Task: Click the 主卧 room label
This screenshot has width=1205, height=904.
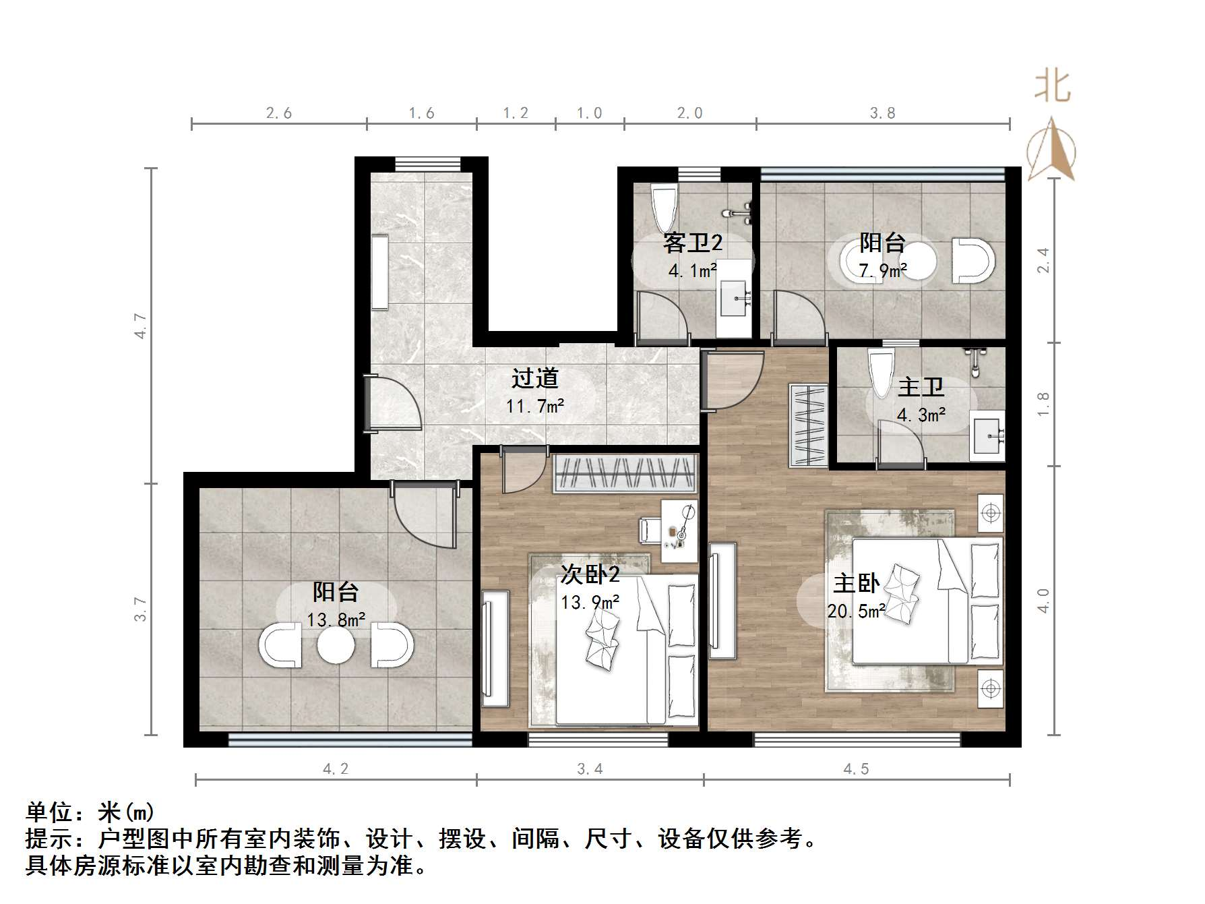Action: [x=856, y=582]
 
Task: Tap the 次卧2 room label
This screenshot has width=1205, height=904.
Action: [x=590, y=574]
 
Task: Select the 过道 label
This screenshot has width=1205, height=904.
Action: [x=534, y=378]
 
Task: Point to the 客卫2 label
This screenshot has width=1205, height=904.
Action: [x=692, y=242]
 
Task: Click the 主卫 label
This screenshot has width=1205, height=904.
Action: [x=921, y=387]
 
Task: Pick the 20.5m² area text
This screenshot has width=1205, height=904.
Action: [x=856, y=611]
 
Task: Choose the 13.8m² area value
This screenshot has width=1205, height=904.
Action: [x=336, y=619]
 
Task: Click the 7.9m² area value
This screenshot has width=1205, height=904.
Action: [x=882, y=271]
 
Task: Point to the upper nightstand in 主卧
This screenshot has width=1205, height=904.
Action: [x=990, y=513]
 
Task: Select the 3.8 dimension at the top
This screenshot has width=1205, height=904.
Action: [x=882, y=113]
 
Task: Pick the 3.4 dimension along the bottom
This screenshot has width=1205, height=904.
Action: [x=590, y=769]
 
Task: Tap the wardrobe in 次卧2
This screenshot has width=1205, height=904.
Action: [x=624, y=473]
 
